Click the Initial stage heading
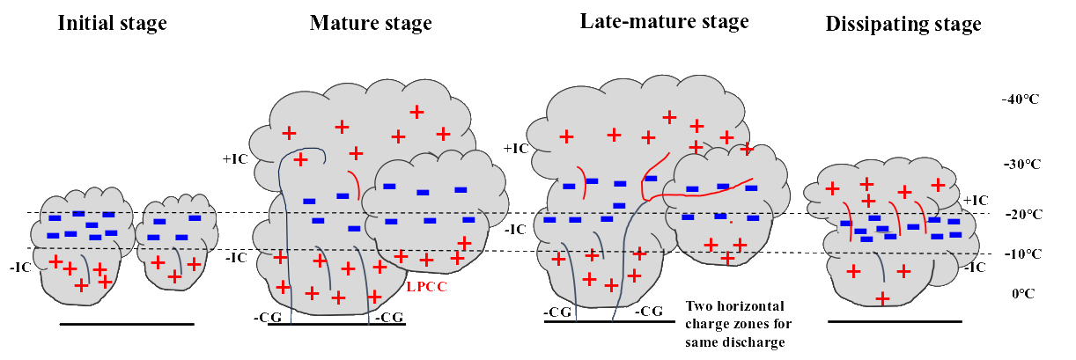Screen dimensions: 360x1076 [x=112, y=24]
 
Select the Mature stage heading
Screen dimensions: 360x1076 [x=371, y=23]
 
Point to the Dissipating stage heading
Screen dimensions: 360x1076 [x=903, y=25]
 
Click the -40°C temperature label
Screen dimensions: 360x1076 [x=1020, y=99]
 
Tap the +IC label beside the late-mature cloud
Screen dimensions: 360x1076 [x=516, y=149]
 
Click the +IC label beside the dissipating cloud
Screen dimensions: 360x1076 [x=976, y=201]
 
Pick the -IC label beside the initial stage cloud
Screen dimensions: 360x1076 [x=20, y=265]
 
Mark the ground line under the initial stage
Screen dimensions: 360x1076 [x=127, y=324]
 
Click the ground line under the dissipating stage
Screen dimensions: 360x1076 [x=895, y=321]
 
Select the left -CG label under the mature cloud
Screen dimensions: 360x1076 [x=267, y=317]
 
